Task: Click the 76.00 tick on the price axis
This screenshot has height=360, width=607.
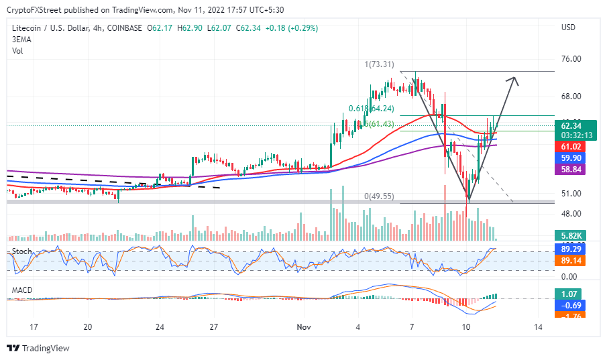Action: click(x=570, y=59)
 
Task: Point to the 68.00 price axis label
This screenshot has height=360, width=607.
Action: click(x=570, y=97)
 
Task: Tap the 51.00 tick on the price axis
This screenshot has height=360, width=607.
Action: click(x=570, y=194)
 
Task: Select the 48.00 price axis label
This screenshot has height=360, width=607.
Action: click(x=570, y=214)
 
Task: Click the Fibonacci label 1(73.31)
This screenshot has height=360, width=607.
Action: click(x=380, y=64)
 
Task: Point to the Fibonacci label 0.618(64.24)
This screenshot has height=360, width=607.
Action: click(x=370, y=108)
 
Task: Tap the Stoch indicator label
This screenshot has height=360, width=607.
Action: click(x=21, y=251)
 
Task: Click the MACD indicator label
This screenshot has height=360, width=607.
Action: click(x=22, y=290)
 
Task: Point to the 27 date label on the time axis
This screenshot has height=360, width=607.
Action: click(x=214, y=326)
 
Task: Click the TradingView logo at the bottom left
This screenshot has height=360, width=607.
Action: click(x=39, y=348)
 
